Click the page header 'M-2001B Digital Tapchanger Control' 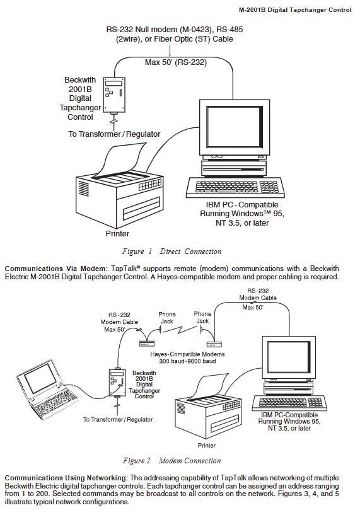tap(295, 10)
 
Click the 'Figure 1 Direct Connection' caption tap(171, 252)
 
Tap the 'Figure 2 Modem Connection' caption tap(171, 461)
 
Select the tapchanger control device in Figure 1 tap(114, 95)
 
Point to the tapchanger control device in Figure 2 tap(117, 383)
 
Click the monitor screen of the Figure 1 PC tap(235, 127)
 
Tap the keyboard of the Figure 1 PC tap(235, 187)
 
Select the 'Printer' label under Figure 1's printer tap(117, 233)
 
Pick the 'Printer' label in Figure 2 tap(207, 446)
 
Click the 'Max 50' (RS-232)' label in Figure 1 tap(176, 62)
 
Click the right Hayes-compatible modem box tap(214, 344)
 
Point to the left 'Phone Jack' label tap(167, 318)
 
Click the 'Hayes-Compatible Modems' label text tap(187, 354)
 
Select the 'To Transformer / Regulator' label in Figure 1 tap(114, 134)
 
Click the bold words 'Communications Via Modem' tap(55, 269)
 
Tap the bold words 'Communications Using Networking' tap(66, 478)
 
